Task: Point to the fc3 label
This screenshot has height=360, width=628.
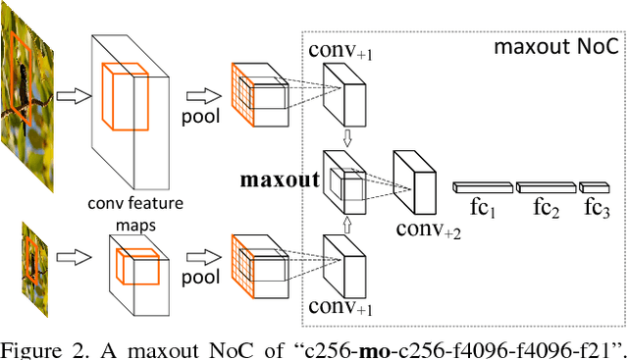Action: [x=595, y=207]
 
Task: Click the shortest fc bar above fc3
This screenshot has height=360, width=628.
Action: [x=595, y=186]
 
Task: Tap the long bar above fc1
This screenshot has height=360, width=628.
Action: [x=482, y=186]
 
